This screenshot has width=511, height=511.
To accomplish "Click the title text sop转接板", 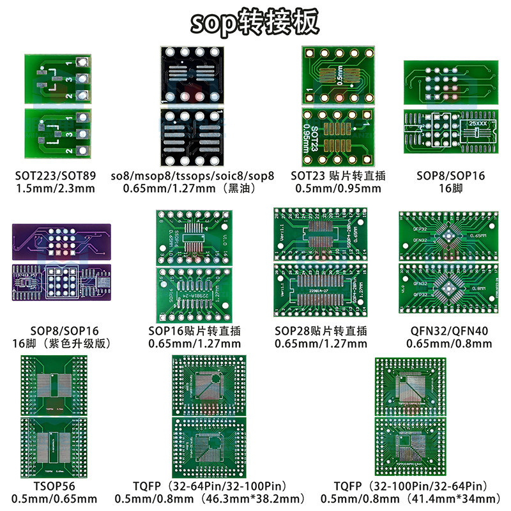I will (x=255, y=23).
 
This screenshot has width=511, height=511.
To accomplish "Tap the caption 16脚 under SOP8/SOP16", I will (x=450, y=188).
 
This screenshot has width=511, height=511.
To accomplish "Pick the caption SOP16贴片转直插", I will (x=194, y=331).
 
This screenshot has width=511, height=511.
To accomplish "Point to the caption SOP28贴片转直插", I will (x=321, y=331).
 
